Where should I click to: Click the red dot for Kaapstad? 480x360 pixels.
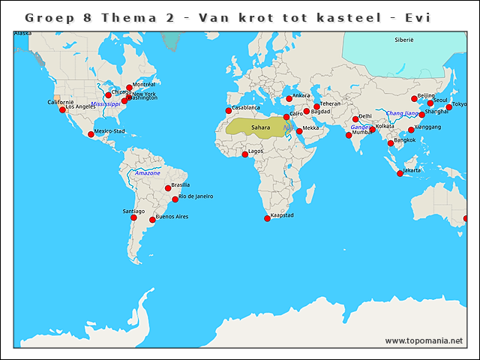[267, 218]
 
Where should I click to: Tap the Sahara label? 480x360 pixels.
[261, 127]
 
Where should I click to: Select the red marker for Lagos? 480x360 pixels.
[244, 154]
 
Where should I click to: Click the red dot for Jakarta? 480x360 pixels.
[400, 173]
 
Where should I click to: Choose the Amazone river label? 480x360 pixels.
[148, 173]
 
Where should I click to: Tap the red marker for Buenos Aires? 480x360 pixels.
[152, 220]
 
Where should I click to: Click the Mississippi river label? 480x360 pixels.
[105, 104]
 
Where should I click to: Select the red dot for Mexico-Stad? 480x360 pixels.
[91, 134]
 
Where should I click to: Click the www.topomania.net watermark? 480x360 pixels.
[424, 340]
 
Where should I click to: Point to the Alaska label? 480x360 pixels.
[22, 34]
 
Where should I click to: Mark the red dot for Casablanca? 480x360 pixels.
[229, 111]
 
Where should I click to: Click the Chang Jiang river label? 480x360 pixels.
[403, 113]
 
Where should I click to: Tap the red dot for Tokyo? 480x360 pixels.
[448, 107]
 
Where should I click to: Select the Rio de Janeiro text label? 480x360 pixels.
[195, 196]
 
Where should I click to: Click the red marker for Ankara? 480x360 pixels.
[289, 98]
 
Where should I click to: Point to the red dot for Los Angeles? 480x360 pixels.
[62, 109]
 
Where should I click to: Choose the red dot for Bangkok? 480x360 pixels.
[390, 143]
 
